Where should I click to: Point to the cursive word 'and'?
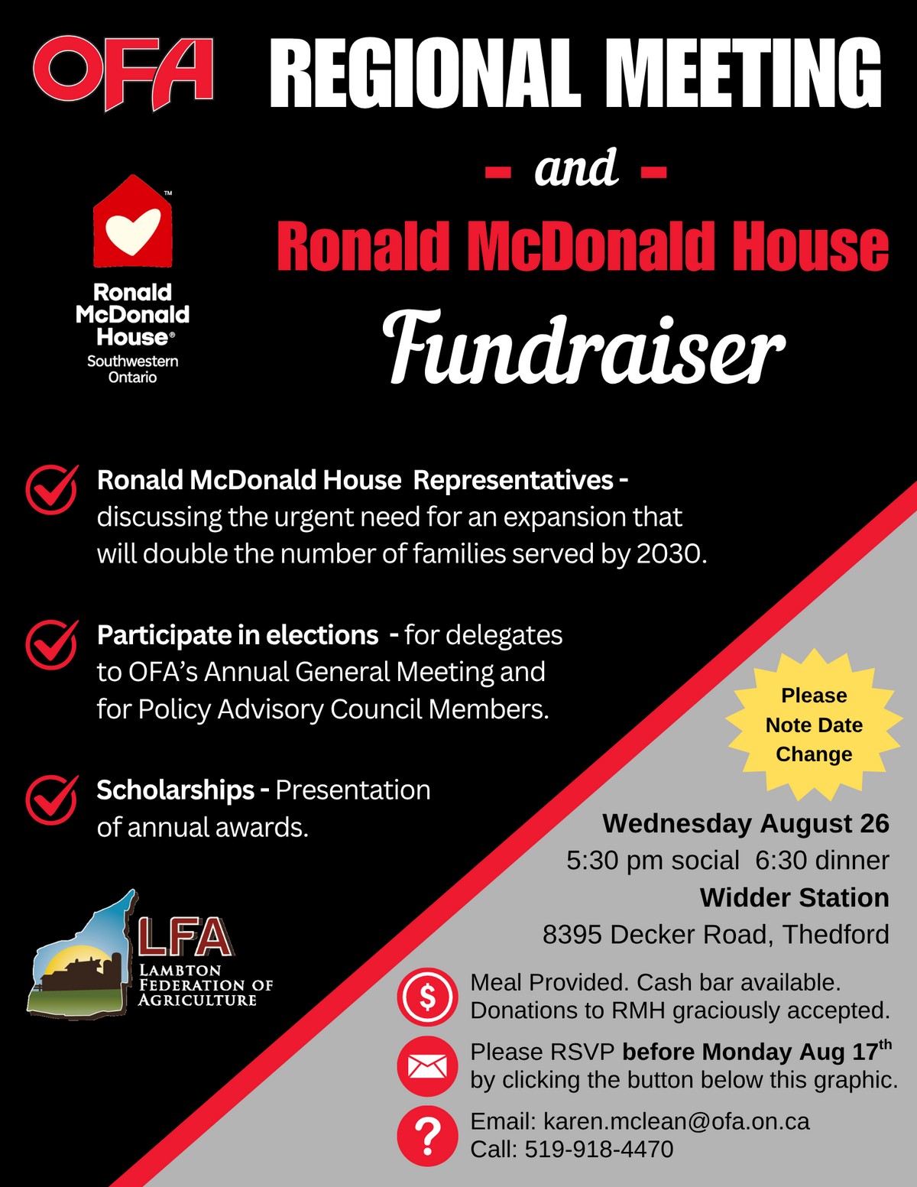tap(576, 167)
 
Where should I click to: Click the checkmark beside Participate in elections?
tap(52, 644)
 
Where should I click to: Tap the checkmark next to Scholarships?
tap(52, 799)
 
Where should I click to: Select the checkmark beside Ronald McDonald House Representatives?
tap(52, 489)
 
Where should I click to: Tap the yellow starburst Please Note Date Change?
tap(814, 725)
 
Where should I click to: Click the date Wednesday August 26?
tap(746, 823)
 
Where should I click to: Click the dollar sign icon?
tap(427, 997)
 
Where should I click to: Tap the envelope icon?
tap(427, 1066)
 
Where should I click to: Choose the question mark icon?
tap(427, 1136)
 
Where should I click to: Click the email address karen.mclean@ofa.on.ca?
tap(676, 1121)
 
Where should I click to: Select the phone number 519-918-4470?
tap(599, 1150)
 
